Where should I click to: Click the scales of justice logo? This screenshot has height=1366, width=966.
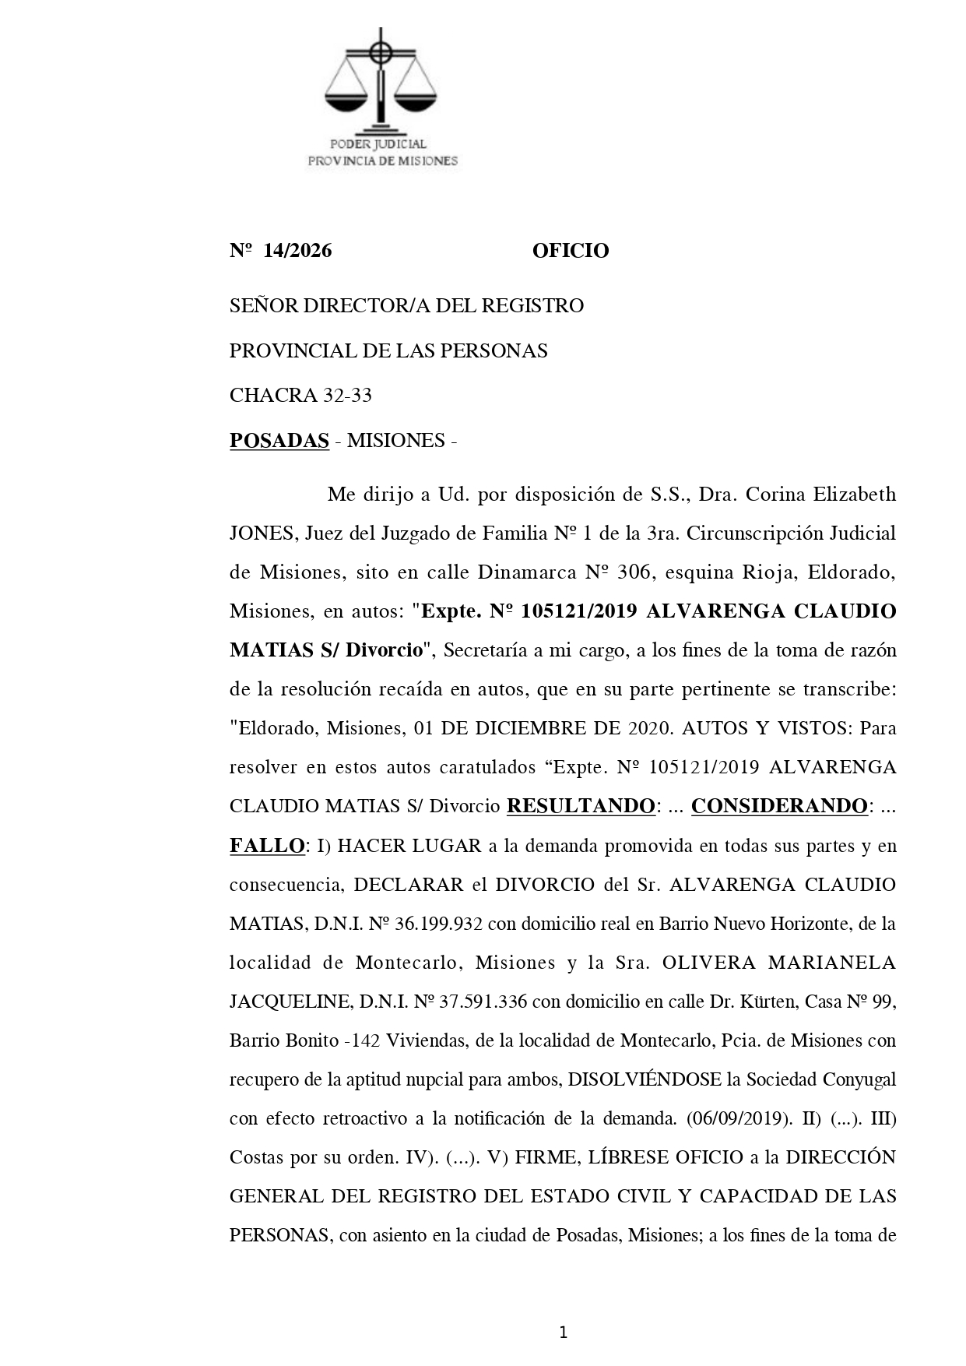pos(381,81)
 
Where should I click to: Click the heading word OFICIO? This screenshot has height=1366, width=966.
pos(571,251)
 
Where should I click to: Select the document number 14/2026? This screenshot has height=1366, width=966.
pos(297,251)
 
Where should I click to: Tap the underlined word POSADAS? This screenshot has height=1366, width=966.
pos(279,441)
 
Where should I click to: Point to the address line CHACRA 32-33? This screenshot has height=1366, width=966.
pos(300,396)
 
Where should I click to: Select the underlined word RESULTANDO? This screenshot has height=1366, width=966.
pos(580,806)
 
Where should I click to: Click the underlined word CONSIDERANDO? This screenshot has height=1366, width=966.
pos(779,806)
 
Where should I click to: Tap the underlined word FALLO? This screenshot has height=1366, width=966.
pos(266,846)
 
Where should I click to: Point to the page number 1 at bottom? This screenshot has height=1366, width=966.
pos(563,1333)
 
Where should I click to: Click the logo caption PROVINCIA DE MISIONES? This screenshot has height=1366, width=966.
pos(383,161)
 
